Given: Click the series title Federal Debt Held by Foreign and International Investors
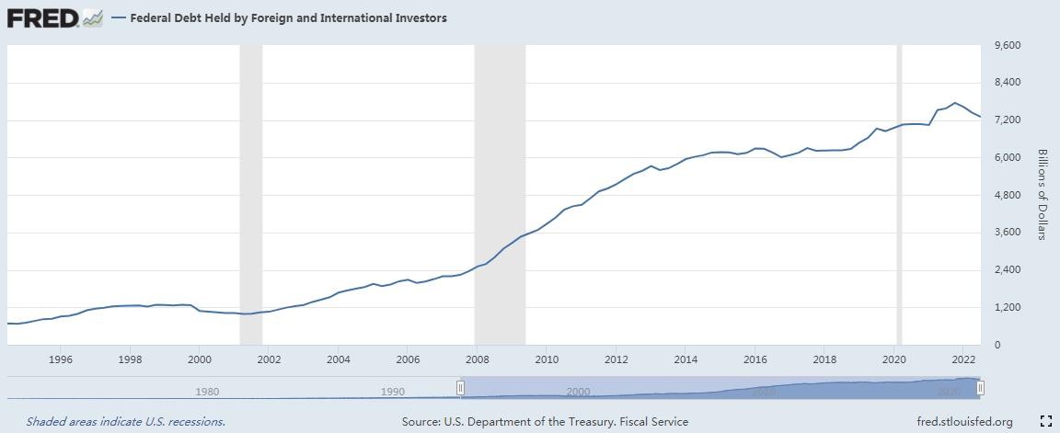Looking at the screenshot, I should pyautogui.click(x=288, y=17).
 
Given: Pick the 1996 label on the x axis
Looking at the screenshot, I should pyautogui.click(x=61, y=359).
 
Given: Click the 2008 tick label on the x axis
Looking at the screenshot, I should pyautogui.click(x=477, y=359).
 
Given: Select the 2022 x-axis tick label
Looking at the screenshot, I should pyautogui.click(x=963, y=359).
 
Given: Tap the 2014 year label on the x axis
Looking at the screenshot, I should pyautogui.click(x=685, y=359).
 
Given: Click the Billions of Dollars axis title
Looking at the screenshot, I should pyautogui.click(x=1043, y=194).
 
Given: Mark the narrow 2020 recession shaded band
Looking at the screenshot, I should pyautogui.click(x=899, y=194).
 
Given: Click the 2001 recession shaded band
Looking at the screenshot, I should pyautogui.click(x=250, y=194).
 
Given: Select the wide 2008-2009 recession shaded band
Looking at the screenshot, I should pyautogui.click(x=500, y=194).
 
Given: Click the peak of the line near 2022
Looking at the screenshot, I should pyautogui.click(x=955, y=103).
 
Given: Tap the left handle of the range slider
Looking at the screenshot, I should pyautogui.click(x=461, y=388).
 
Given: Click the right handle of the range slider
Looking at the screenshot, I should pyautogui.click(x=981, y=388).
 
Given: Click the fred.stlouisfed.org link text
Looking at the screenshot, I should pyautogui.click(x=964, y=422).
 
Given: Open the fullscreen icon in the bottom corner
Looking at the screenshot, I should pyautogui.click(x=1045, y=422).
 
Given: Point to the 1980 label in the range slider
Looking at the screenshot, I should pyautogui.click(x=208, y=392).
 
